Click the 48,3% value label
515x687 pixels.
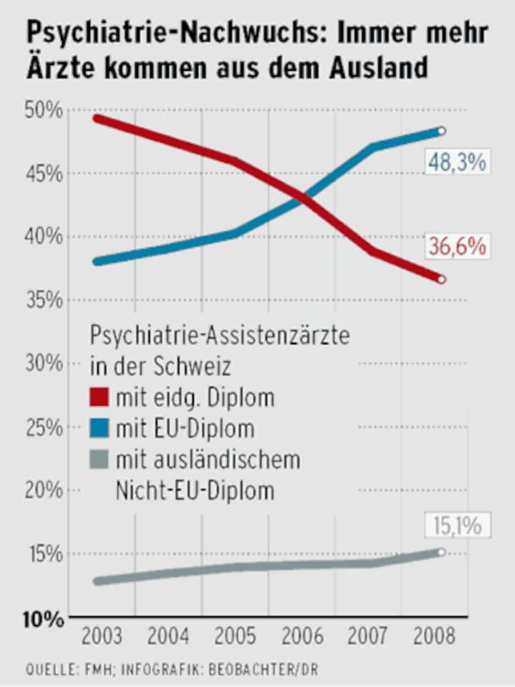point(456,162)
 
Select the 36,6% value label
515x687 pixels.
point(457,247)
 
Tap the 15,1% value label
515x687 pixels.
point(457,526)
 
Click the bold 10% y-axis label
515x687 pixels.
point(44,619)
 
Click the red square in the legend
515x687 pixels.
point(99,396)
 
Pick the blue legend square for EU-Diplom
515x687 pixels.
point(99,429)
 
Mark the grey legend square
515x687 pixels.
point(99,460)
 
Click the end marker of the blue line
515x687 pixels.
point(441,131)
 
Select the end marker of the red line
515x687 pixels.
point(441,279)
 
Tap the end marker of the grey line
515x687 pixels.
point(441,552)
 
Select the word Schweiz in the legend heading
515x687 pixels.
point(190,367)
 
